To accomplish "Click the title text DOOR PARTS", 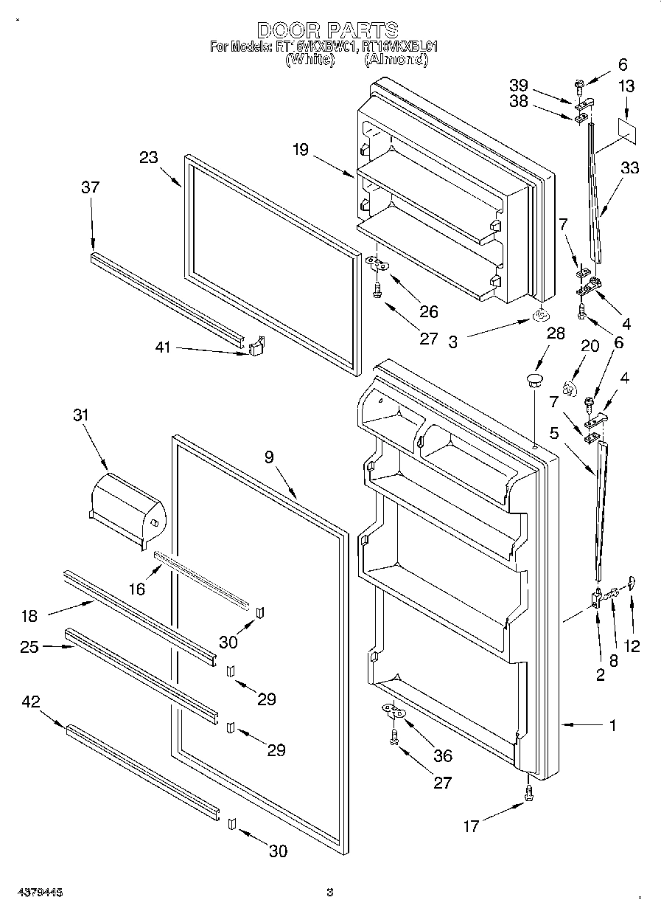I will pyautogui.click(x=327, y=30).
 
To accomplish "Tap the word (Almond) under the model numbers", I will pyautogui.click(x=396, y=61).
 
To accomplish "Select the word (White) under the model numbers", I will pyautogui.click(x=309, y=61).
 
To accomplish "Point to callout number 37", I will pyautogui.click(x=90, y=187).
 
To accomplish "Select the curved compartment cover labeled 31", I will pyautogui.click(x=125, y=510).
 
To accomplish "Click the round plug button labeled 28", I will pyautogui.click(x=534, y=380).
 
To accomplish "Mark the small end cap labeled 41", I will pyautogui.click(x=256, y=346).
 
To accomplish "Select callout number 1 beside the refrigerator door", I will pyautogui.click(x=612, y=725).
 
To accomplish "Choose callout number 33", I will pyautogui.click(x=630, y=168).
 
